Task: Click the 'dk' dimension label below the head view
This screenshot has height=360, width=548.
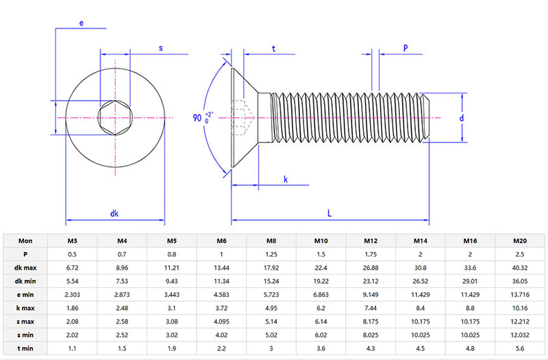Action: pos(114,213)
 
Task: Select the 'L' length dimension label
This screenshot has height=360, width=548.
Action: pos(329,213)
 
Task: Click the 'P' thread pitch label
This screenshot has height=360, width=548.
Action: pos(406,48)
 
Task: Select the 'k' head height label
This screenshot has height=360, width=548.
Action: pos(286,179)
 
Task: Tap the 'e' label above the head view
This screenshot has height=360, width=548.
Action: pos(81,23)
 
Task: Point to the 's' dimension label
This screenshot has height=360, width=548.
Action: pos(160,48)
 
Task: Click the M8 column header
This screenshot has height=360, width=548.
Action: pos(271,240)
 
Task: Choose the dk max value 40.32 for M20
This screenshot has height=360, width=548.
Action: pos(521,267)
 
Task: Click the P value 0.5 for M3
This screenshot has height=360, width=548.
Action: pos(72,254)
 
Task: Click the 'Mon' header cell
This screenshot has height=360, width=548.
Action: pos(25,240)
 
